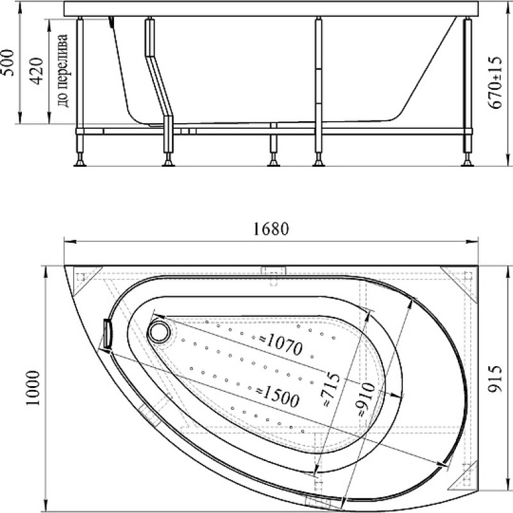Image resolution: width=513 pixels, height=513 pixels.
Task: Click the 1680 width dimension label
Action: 271,229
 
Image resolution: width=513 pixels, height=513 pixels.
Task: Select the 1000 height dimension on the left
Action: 33,388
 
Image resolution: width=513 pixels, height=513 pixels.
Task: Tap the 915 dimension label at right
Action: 494,378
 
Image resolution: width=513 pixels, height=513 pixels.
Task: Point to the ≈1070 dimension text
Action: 281,344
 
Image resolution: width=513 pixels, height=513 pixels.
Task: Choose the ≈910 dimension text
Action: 366,399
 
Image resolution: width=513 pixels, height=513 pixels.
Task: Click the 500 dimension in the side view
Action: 8,63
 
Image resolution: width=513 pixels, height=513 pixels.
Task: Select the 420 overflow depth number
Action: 37,71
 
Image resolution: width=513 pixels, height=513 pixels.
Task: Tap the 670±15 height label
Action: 494,82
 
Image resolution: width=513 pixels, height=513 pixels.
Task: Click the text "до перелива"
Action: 62,71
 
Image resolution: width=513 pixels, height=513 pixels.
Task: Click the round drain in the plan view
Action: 160,332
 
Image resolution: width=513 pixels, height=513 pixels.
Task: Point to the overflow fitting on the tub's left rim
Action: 107,333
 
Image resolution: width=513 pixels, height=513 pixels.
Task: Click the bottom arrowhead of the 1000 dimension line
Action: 46,505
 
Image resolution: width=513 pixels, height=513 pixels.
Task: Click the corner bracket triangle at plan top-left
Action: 84,278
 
